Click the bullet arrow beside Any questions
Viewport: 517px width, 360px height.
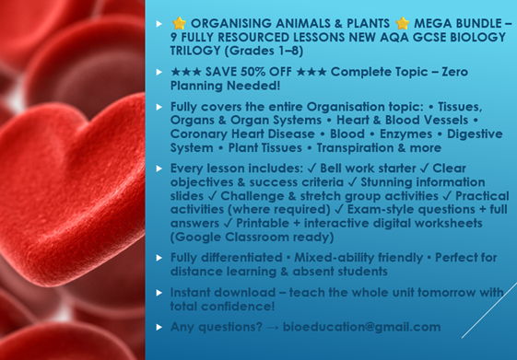coord(159,327)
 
